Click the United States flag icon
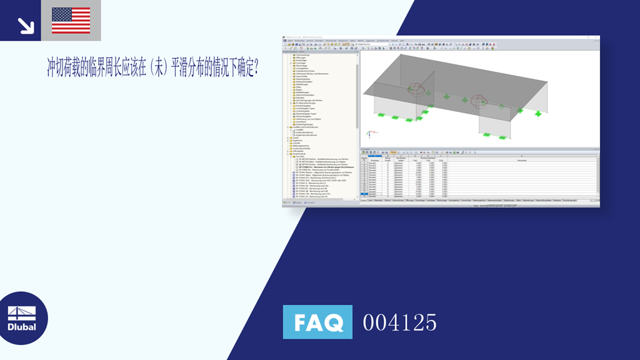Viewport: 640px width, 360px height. [x=71, y=20]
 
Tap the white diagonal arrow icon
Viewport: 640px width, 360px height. [x=26, y=25]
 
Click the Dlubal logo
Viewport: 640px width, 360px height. [x=22, y=319]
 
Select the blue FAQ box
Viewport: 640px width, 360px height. [x=317, y=322]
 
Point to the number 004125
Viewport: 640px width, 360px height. [x=400, y=322]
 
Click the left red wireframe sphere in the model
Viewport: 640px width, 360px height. [x=415, y=91]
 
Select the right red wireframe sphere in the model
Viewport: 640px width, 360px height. [x=479, y=100]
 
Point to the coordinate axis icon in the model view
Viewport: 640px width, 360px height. [x=369, y=133]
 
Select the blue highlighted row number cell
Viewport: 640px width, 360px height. [x=364, y=194]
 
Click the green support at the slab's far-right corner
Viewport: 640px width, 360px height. [x=538, y=113]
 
